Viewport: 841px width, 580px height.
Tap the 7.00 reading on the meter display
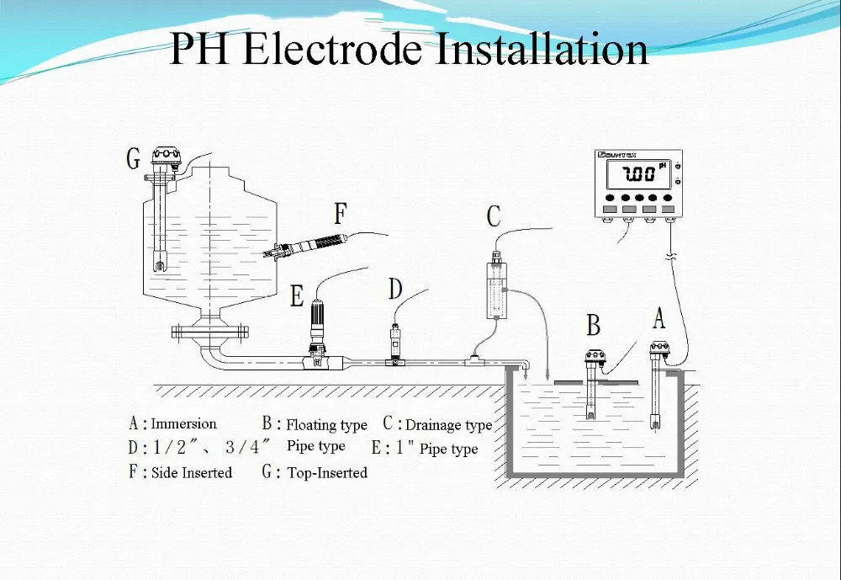coord(639,174)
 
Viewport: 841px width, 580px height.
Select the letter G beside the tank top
coord(133,159)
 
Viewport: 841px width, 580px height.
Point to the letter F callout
coord(341,214)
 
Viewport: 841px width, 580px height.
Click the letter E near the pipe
coord(297,296)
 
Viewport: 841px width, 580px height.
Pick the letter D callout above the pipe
coord(395,289)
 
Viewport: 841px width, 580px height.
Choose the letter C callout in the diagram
coord(494,216)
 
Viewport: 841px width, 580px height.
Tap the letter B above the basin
coord(593,325)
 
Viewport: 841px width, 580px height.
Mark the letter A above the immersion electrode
coord(659,318)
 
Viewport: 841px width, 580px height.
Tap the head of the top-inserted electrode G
coord(167,156)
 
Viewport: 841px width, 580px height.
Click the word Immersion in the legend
coord(183,423)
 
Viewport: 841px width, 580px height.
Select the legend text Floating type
coord(326,425)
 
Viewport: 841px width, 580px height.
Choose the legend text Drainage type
coord(449,425)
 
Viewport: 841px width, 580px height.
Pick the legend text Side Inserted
coord(192,472)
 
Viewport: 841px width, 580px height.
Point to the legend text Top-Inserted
coord(327,472)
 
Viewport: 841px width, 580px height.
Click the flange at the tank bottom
coord(210,332)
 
